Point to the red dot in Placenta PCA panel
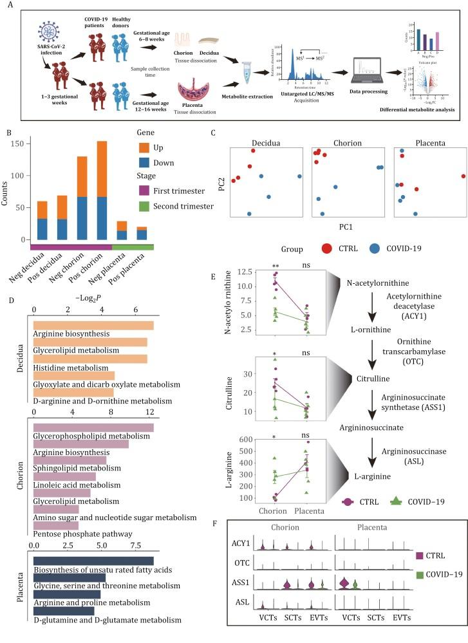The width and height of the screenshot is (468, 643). tap(463, 176)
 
